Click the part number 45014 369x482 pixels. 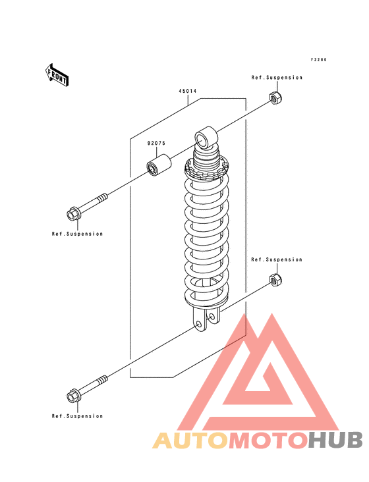[x=188, y=92]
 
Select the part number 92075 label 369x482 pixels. [x=156, y=144]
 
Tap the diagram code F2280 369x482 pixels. [x=318, y=60]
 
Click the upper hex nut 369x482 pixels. [x=276, y=97]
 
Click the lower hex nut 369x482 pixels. [x=275, y=279]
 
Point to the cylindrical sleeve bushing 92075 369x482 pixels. [x=159, y=165]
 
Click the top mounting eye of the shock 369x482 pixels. [x=206, y=137]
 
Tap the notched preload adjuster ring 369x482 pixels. [x=207, y=170]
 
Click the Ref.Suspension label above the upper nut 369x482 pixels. [x=277, y=78]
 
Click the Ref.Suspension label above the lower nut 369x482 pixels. [x=277, y=259]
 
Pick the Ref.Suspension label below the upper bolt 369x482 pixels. [x=77, y=234]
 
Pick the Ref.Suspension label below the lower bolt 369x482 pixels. [x=77, y=416]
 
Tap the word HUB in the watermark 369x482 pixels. [x=336, y=440]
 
